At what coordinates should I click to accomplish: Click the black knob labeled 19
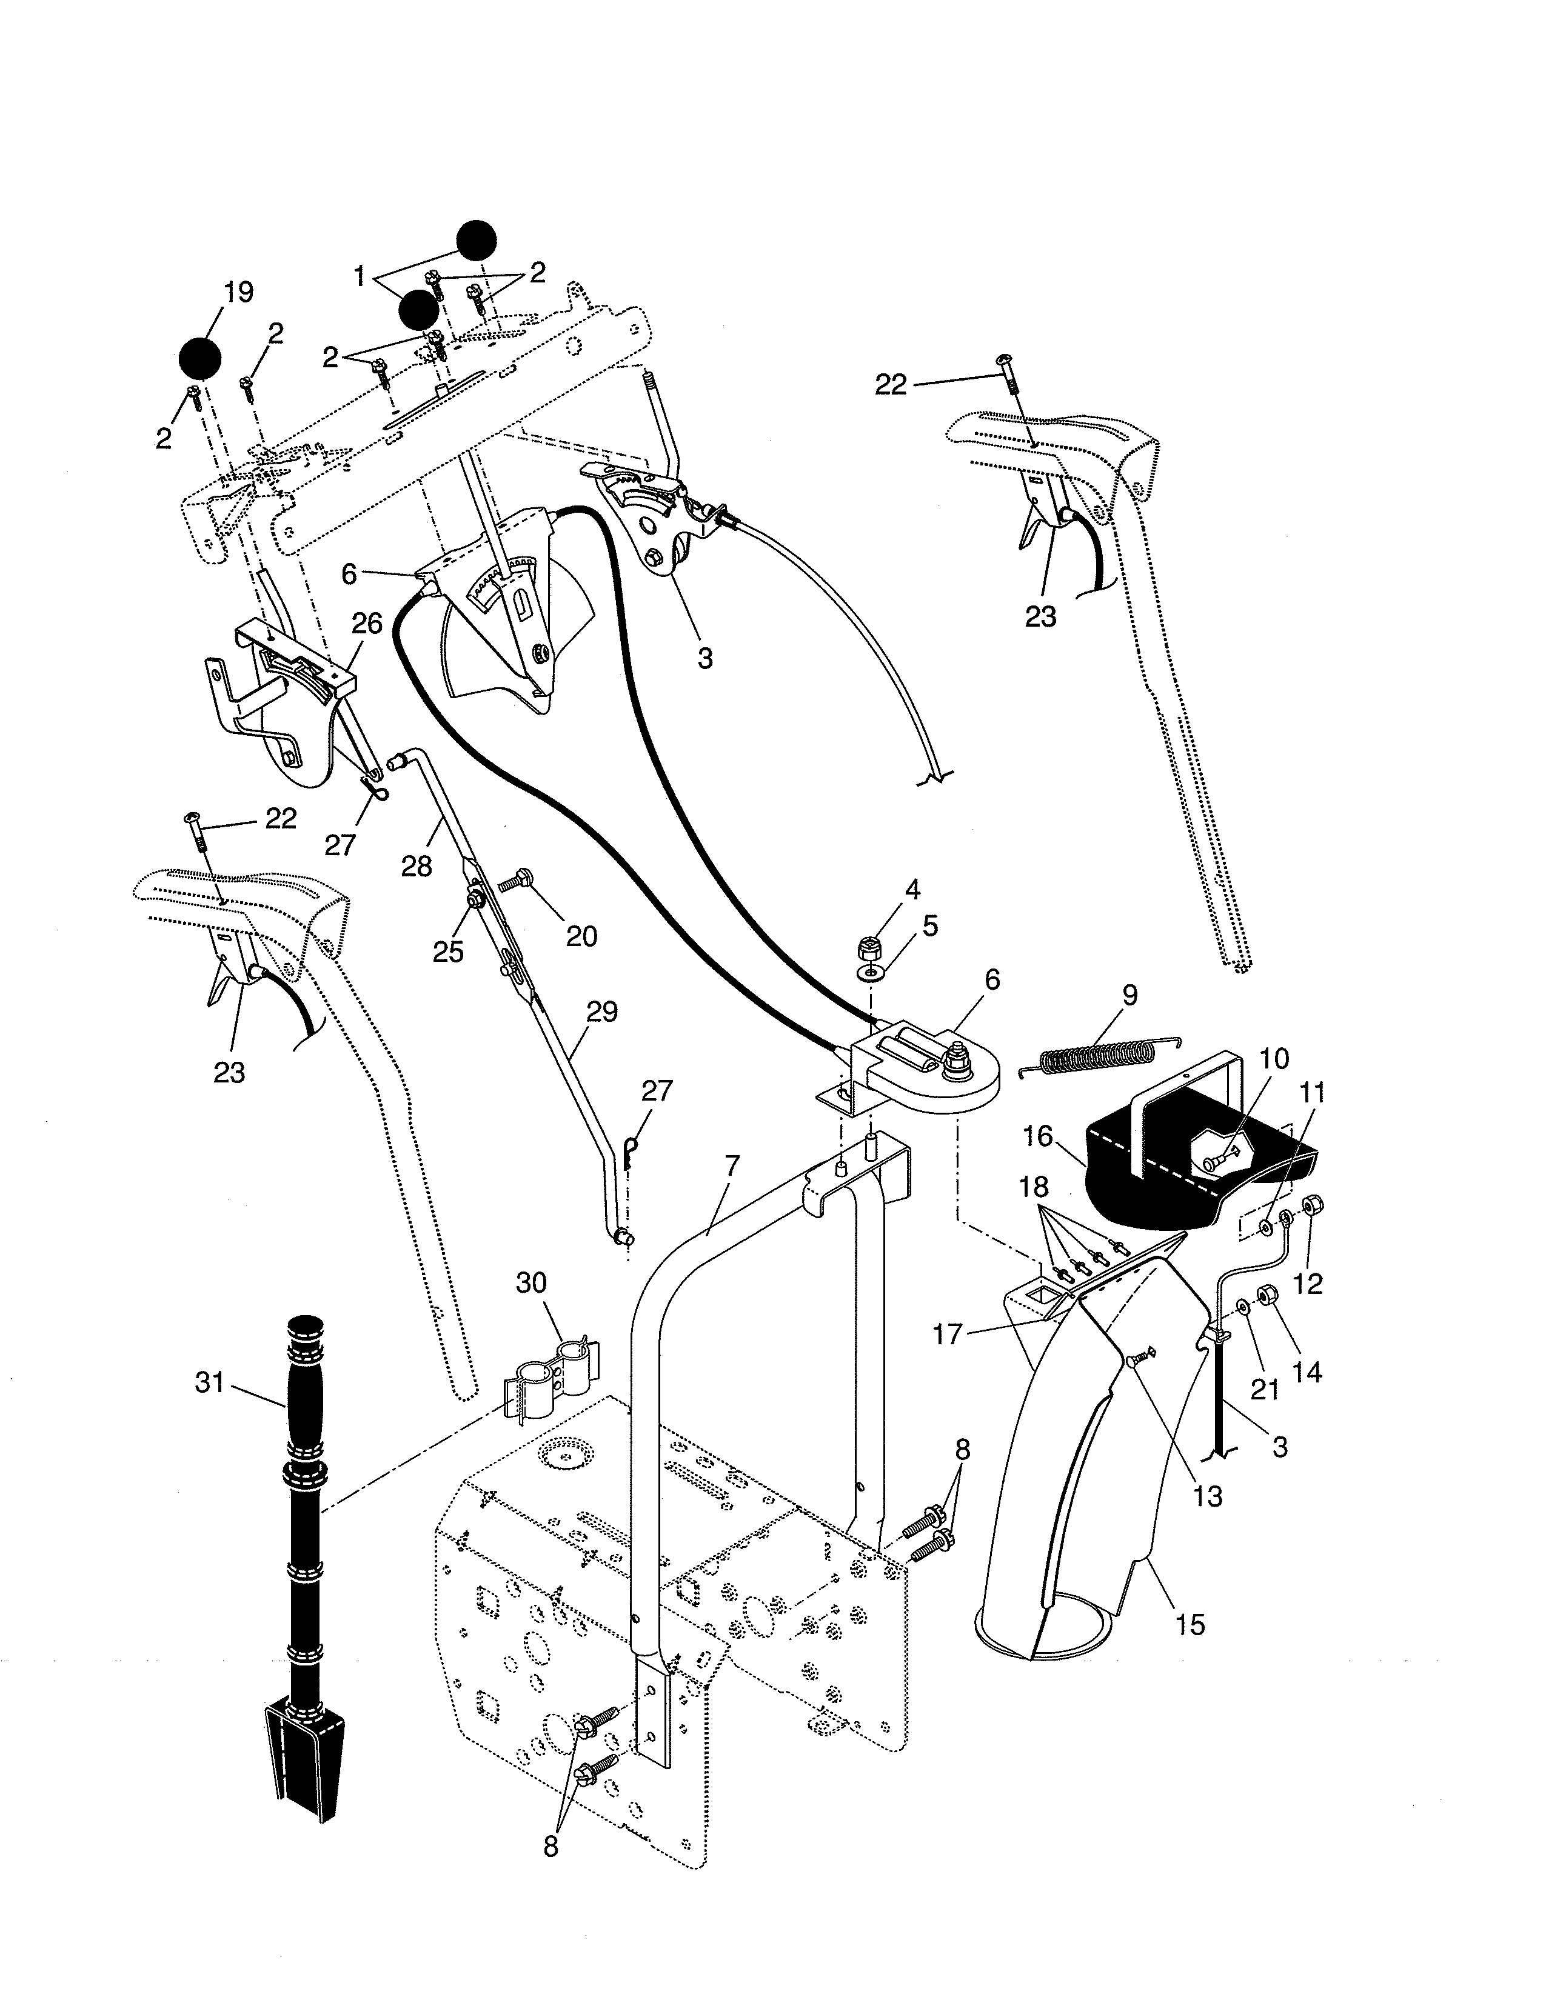[199, 358]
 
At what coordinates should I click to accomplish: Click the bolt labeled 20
[520, 884]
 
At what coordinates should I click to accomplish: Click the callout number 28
[416, 865]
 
